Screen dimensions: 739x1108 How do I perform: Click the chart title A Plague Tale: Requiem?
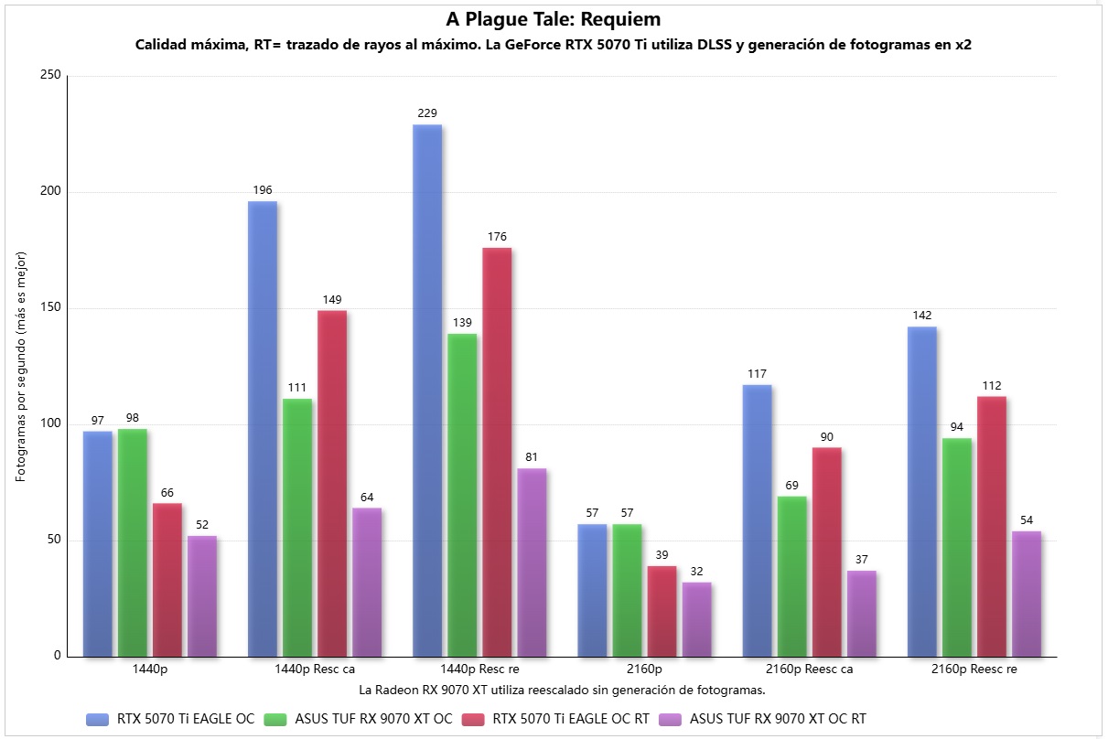click(553, 19)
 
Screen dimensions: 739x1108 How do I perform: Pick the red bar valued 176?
click(497, 452)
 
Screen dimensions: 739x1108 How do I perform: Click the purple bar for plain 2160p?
click(696, 619)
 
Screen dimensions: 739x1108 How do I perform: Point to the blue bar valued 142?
click(921, 491)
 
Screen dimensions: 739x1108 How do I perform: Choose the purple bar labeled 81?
click(532, 562)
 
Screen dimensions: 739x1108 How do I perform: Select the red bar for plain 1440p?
click(167, 580)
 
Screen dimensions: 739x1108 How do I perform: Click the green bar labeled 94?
click(956, 547)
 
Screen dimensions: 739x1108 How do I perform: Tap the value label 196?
click(263, 190)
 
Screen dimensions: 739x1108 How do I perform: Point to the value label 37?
click(861, 560)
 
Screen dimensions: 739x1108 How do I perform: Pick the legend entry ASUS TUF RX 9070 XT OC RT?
click(777, 719)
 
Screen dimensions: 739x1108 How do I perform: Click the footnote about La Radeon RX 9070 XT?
click(562, 689)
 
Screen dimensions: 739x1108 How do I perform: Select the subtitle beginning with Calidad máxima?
click(553, 45)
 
